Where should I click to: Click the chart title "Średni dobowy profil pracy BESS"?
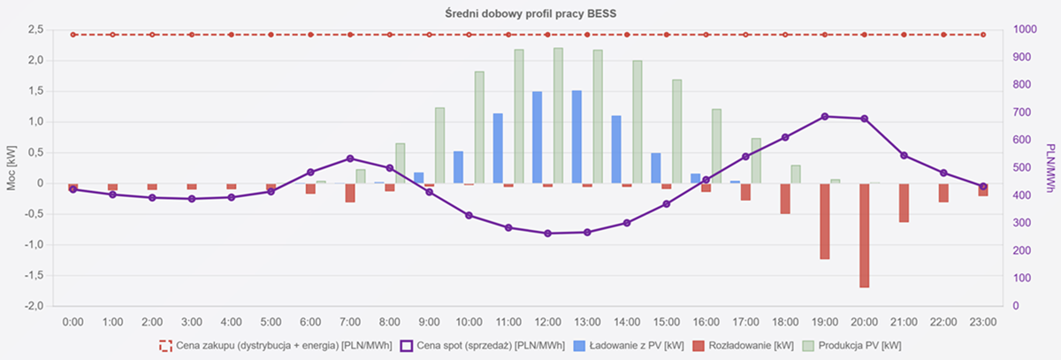click(x=529, y=12)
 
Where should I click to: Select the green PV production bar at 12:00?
click(x=558, y=115)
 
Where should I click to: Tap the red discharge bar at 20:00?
click(x=864, y=234)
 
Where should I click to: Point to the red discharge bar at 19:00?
click(x=824, y=221)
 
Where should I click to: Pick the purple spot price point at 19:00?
click(x=824, y=117)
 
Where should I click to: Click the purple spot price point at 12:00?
click(x=548, y=234)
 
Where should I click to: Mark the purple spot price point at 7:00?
click(x=350, y=158)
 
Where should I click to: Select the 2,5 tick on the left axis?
click(x=35, y=30)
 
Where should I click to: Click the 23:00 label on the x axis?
click(x=982, y=322)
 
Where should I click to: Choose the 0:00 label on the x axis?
click(x=73, y=322)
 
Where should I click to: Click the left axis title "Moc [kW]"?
click(x=11, y=168)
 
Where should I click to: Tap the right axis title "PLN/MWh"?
click(x=1050, y=168)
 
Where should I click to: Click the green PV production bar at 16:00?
click(x=716, y=146)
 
